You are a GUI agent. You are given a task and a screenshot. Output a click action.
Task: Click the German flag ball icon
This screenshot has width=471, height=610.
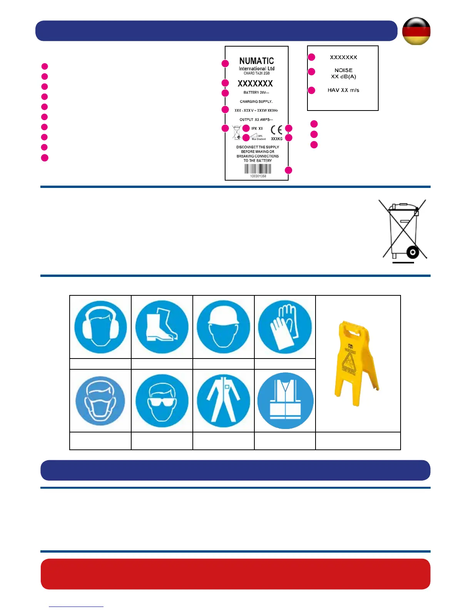pos(416,31)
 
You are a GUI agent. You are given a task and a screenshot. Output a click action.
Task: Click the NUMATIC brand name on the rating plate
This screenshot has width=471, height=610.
pos(256,61)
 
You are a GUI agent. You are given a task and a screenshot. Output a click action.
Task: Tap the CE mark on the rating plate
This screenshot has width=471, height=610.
pos(276,130)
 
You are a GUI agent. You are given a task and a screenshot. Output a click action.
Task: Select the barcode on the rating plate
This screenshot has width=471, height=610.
pos(258,169)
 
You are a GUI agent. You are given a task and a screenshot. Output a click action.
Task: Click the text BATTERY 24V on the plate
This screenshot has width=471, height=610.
pos(256,92)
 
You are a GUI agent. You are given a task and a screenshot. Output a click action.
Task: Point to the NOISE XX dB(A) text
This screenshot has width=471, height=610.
pos(344,73)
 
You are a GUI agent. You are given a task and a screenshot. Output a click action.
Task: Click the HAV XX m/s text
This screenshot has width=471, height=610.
pos(343,90)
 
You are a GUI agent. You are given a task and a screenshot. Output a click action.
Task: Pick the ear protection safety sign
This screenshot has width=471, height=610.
pos(100,327)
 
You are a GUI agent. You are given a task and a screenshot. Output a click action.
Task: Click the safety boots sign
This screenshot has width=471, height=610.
pos(162,327)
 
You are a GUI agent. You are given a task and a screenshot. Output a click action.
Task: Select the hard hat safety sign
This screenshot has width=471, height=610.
pos(223,327)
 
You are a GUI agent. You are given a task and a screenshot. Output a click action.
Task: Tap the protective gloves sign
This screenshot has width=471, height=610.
pos(285,327)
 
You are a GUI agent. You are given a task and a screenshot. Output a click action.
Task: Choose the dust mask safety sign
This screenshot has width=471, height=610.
pos(100,401)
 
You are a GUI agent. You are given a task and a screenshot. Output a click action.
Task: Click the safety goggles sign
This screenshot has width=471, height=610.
pos(162,401)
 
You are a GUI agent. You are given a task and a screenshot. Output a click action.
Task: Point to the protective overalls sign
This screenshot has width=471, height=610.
pos(223,401)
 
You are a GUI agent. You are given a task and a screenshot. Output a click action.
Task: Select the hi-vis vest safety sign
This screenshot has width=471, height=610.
pos(285,401)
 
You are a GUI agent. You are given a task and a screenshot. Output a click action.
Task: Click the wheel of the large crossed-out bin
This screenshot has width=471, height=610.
pos(413,253)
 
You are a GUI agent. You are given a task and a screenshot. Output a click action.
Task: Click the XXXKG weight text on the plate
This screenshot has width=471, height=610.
pos(277,139)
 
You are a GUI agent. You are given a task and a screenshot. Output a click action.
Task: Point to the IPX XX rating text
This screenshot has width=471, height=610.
pos(257,129)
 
